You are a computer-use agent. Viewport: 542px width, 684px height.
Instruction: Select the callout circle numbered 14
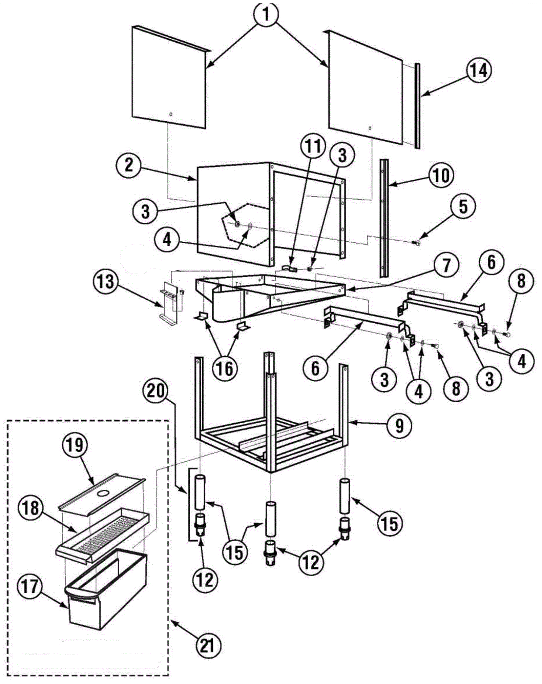tap(479, 71)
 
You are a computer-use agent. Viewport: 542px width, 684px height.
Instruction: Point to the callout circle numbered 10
tap(441, 175)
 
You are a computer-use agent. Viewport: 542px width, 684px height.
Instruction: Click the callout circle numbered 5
tap(463, 206)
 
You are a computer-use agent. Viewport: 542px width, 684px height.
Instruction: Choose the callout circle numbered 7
tap(446, 265)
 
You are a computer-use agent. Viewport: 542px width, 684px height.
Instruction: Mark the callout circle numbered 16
tap(225, 368)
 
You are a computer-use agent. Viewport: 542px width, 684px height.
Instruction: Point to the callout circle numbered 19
tap(75, 445)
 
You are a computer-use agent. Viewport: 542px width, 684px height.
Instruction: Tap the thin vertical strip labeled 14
tap(418, 105)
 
